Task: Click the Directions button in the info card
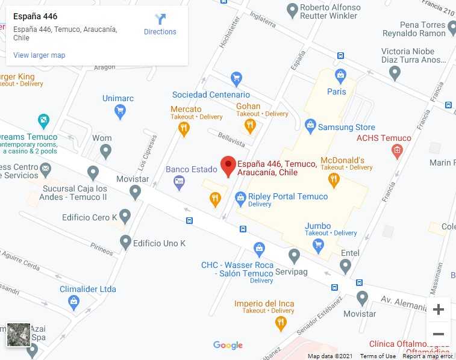(x=160, y=25)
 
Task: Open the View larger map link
(x=39, y=55)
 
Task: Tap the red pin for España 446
(x=228, y=166)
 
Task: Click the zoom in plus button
(x=438, y=309)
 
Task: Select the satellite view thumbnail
(x=19, y=335)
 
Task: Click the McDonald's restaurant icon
(x=334, y=180)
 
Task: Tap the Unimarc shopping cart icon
(x=120, y=111)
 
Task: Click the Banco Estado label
(x=191, y=169)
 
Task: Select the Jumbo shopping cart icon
(x=319, y=244)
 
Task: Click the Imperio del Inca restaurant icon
(x=280, y=324)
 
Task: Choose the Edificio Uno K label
(x=159, y=243)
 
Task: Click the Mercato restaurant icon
(x=184, y=128)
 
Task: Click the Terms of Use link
(x=378, y=356)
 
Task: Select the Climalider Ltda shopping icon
(x=74, y=302)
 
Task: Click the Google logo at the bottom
(x=228, y=345)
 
